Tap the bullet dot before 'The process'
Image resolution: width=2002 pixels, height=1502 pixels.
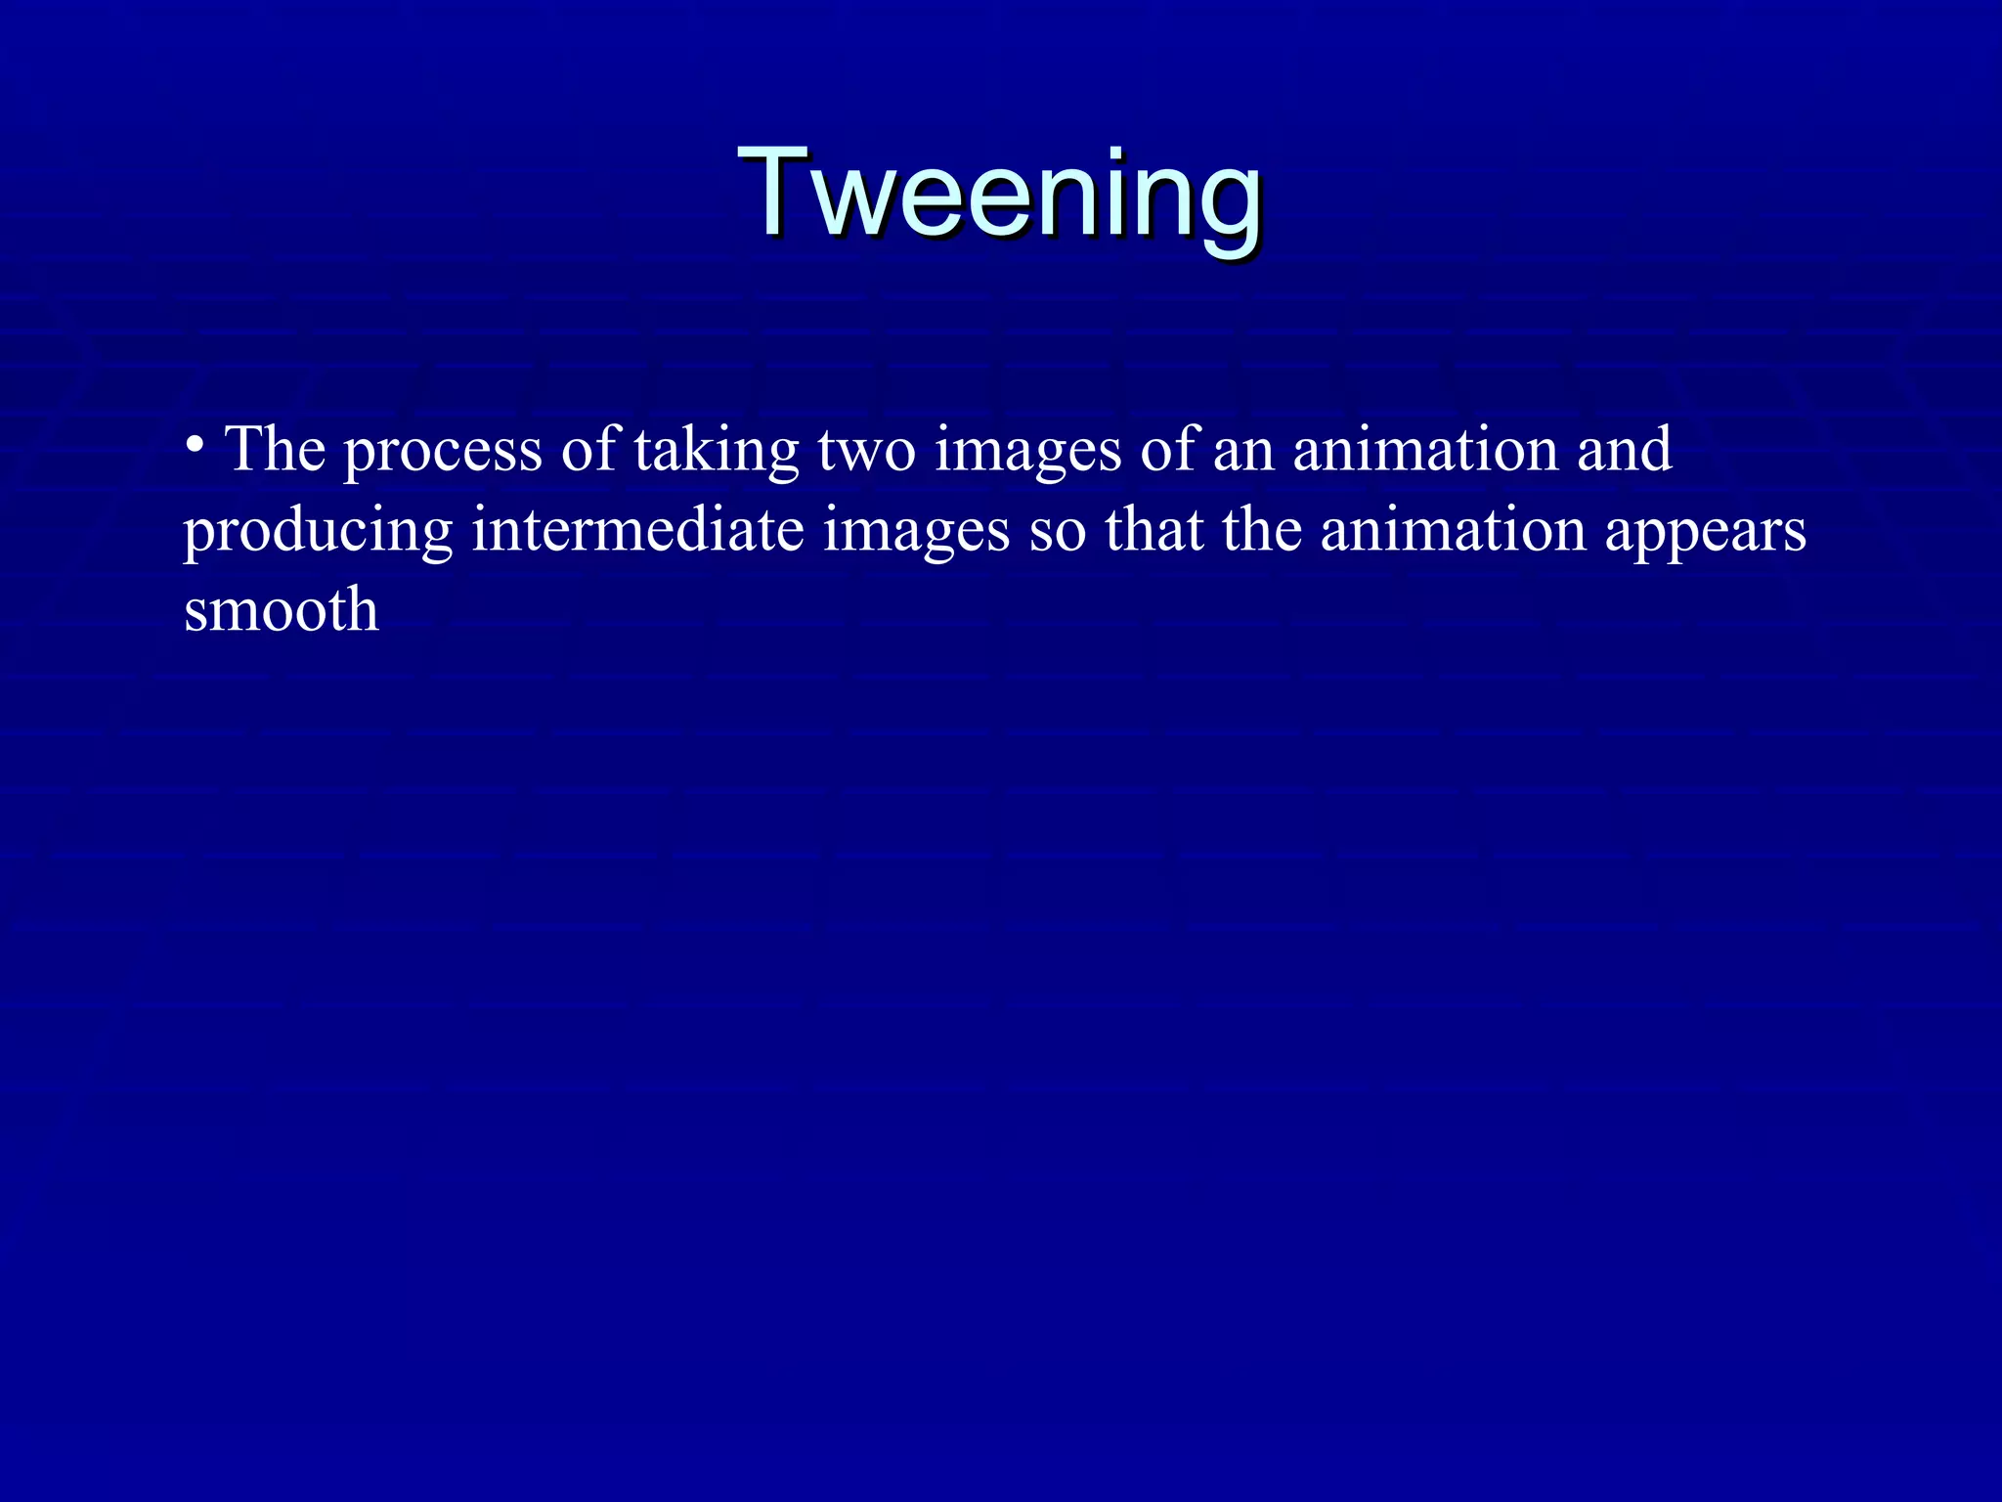click(195, 446)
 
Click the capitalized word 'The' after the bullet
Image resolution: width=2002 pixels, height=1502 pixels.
click(275, 450)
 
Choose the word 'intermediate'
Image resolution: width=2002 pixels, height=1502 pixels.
click(637, 530)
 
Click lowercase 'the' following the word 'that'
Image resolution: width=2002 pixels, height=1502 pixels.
click(1261, 530)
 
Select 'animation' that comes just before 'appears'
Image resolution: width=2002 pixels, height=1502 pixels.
click(1453, 530)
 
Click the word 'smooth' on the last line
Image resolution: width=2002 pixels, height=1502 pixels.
click(282, 610)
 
